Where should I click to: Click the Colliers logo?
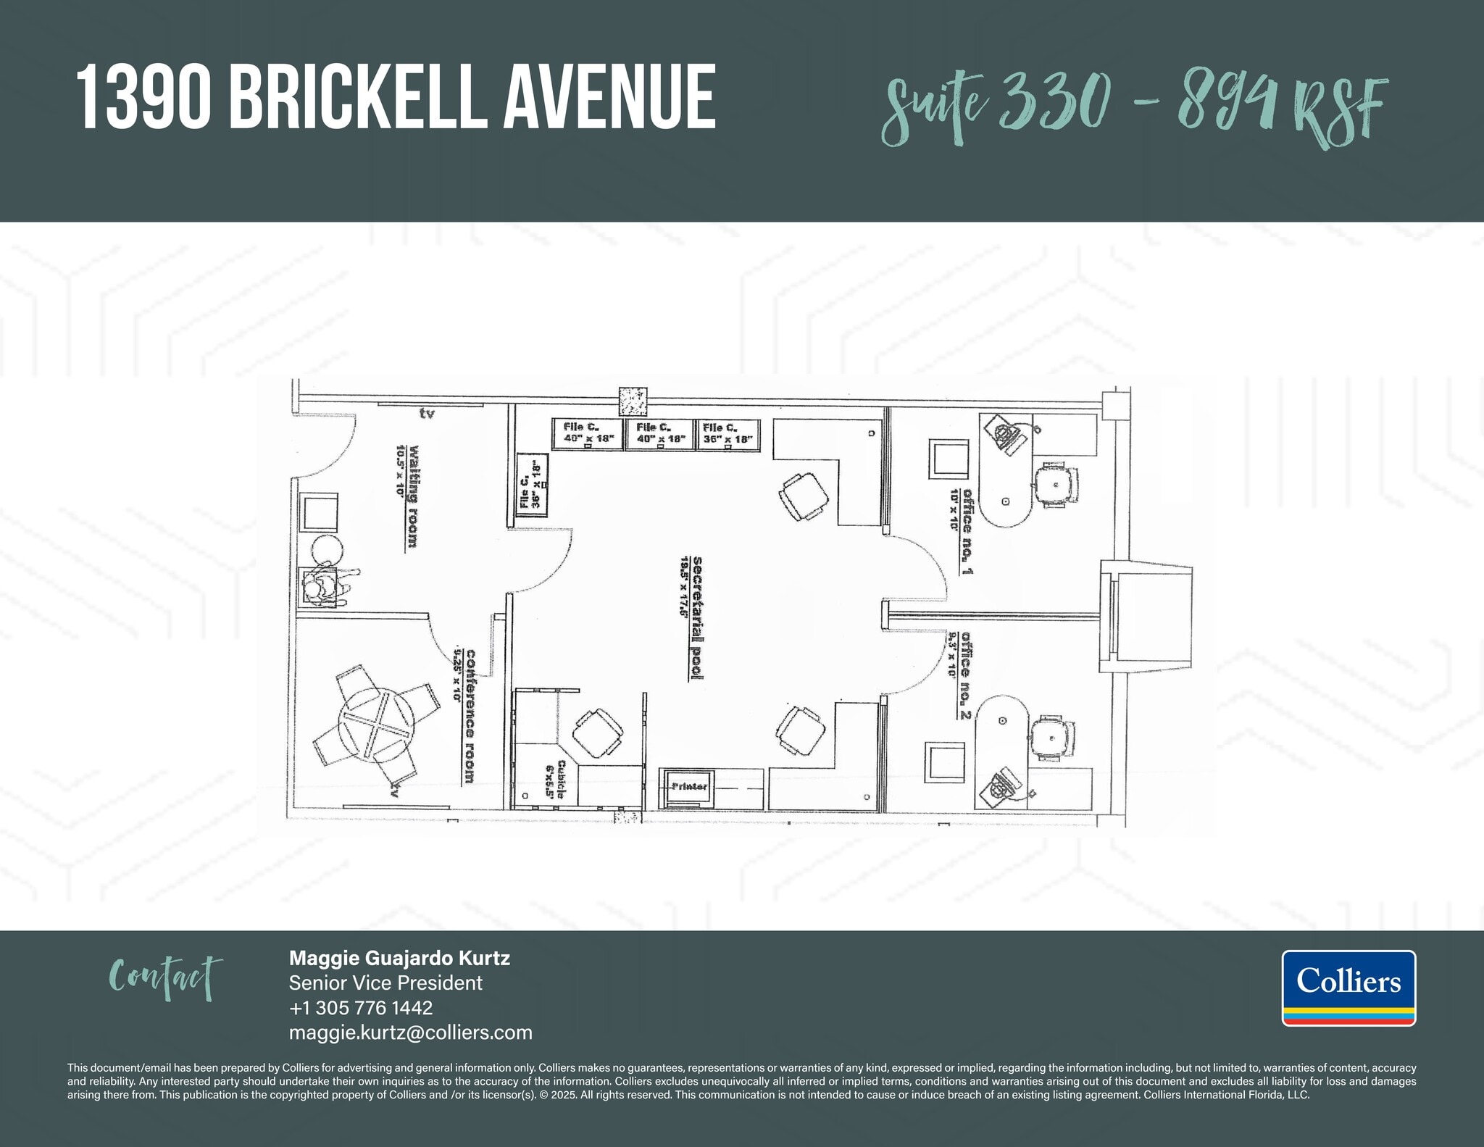(1348, 988)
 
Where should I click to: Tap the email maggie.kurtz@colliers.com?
(410, 1033)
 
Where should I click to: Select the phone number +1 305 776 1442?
(360, 1008)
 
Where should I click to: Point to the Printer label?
(689, 786)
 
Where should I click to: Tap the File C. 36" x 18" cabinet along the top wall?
(728, 433)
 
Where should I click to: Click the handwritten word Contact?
(165, 977)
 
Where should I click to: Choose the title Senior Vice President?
(385, 983)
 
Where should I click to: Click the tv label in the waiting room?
(427, 414)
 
